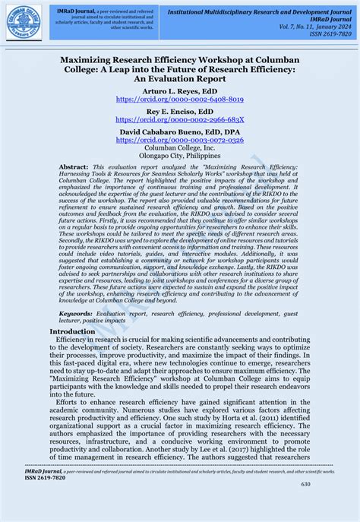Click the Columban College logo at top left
24,22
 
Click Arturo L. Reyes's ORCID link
179,100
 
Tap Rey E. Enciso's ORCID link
179,120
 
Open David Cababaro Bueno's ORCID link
179,141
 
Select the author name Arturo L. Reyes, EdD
179,90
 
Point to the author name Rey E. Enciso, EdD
179,111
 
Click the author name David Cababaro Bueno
179,131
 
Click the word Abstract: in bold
74,166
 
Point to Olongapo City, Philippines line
179,156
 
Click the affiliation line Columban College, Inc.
179,148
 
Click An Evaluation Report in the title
179,78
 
